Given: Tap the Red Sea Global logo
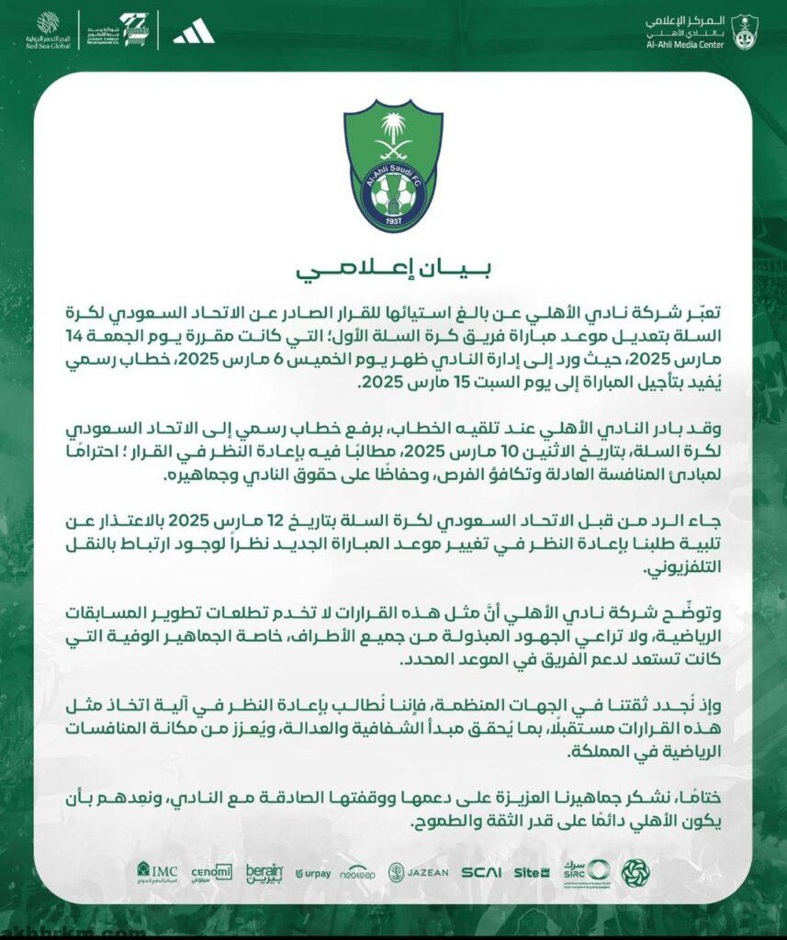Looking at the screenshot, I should (x=48, y=29).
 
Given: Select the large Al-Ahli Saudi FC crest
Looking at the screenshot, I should (x=393, y=165).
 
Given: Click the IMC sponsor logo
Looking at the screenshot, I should (x=157, y=870).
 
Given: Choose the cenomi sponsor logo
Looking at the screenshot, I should (x=211, y=871).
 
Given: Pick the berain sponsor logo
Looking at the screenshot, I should (x=264, y=872).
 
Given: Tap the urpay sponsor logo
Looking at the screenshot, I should (x=313, y=873).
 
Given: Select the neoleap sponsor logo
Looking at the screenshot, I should (x=359, y=872).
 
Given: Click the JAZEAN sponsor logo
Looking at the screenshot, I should (x=418, y=872).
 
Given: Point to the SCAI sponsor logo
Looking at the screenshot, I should (x=481, y=872).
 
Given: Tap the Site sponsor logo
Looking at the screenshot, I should (x=531, y=872).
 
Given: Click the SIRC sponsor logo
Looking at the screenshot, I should (x=586, y=871).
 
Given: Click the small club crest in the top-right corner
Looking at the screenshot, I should (x=745, y=31).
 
